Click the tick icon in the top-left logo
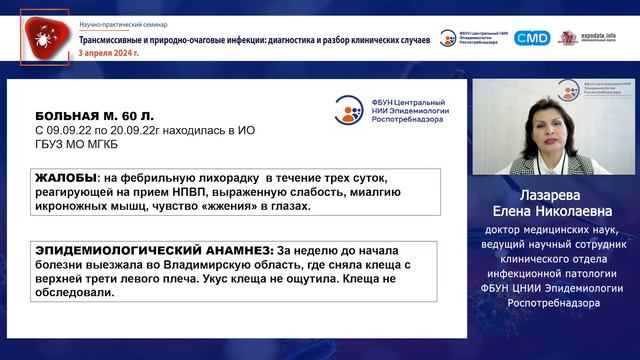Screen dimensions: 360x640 click(x=42, y=38)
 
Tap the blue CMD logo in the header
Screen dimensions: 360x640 click(x=532, y=38)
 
